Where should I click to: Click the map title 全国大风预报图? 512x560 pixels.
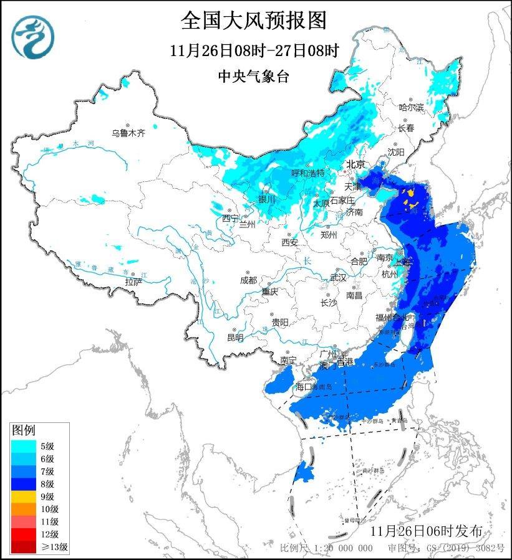tap(254, 21)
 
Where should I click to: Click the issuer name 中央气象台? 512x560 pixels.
tap(254, 76)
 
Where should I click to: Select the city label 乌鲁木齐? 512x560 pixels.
tap(128, 133)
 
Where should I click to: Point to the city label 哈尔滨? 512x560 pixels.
tap(411, 108)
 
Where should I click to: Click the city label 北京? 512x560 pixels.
tap(355, 164)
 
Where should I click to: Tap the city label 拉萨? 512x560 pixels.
tap(133, 282)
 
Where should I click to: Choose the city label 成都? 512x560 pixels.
tap(248, 280)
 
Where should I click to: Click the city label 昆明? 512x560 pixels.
tap(236, 337)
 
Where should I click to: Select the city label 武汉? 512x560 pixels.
tap(337, 277)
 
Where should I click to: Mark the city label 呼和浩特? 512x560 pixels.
tap(308, 173)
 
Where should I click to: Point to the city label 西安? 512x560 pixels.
tap(289, 242)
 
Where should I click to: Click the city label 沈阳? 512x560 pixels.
tap(396, 151)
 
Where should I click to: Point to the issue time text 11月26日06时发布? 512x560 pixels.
tap(425, 531)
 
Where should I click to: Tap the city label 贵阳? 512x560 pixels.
tap(280, 322)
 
